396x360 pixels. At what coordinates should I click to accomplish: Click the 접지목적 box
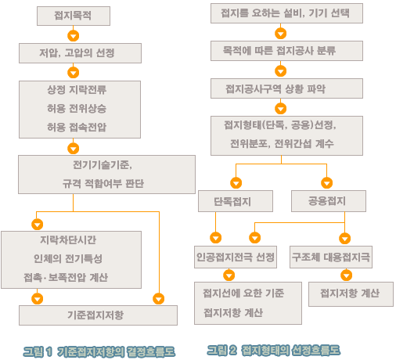74,16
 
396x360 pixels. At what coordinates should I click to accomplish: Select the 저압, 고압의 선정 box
80,53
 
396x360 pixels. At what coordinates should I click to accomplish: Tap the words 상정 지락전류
77,90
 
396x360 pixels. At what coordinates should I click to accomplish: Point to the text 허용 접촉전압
77,128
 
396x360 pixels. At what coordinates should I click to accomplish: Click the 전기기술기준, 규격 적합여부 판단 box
106,175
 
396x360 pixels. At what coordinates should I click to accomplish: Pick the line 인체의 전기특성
68,258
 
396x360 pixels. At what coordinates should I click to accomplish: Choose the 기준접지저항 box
98,315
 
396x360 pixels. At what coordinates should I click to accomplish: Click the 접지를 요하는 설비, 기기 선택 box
286,13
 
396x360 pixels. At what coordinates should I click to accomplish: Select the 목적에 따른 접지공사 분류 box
286,51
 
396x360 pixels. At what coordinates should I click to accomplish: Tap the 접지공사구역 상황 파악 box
286,88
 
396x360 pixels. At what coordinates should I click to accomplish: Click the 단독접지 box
236,201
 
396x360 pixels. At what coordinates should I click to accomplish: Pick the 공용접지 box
329,201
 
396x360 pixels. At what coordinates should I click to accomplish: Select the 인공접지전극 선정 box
236,257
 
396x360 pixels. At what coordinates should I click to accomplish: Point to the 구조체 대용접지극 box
331,257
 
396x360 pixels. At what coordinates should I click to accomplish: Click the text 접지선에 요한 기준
243,293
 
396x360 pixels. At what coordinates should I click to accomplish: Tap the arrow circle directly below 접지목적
74,36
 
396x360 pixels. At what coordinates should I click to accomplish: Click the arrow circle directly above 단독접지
236,183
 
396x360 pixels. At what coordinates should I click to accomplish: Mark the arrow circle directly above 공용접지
327,183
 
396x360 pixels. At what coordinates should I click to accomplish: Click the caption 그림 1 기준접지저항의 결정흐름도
99,352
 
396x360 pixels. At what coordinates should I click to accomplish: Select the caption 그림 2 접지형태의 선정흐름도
274,351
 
